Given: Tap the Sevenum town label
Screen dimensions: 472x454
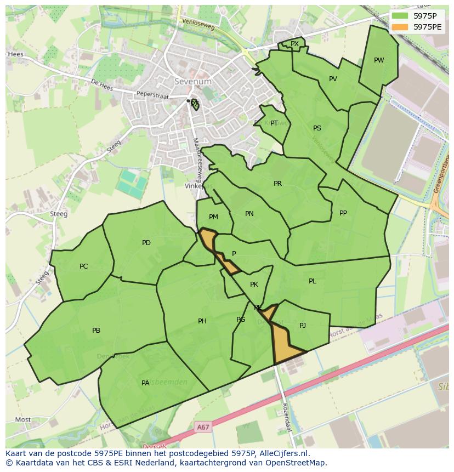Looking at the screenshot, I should click(192, 81).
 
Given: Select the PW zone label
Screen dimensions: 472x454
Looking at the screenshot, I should click(379, 60).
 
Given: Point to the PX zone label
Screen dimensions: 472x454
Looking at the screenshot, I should click(294, 44).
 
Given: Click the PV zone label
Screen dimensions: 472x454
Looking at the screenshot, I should click(333, 79).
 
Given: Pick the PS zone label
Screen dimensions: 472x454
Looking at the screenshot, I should click(317, 128).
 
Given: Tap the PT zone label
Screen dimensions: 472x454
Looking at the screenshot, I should click(274, 123).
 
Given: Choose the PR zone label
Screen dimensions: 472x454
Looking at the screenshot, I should click(277, 184).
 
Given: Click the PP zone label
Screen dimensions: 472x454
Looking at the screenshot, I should click(343, 213).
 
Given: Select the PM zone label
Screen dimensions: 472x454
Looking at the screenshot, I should click(213, 217).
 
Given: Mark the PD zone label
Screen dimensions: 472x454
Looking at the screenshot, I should click(146, 243).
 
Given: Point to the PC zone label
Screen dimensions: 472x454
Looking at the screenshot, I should click(83, 266).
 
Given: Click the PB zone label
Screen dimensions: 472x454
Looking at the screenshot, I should click(96, 331).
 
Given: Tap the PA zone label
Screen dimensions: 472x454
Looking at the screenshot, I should click(145, 383).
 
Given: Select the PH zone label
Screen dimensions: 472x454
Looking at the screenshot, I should click(202, 321).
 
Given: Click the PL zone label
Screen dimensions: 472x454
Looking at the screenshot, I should click(312, 281).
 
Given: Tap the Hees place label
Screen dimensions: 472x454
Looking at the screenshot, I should click(15, 54).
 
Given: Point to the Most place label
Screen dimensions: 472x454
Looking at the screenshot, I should click(23, 420).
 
